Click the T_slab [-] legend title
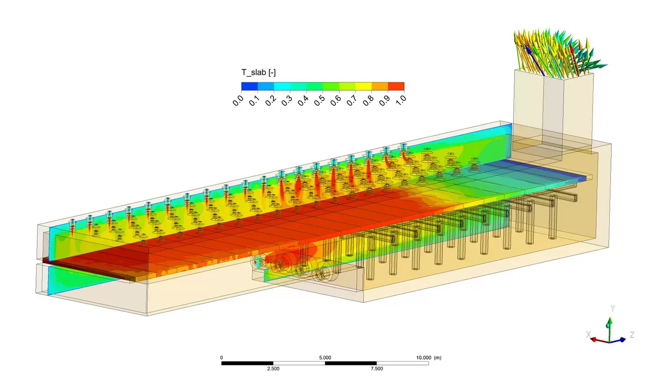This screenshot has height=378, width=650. point(259,72)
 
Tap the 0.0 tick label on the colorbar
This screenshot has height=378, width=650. point(238,101)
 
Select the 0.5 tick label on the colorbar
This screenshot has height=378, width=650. point(319,101)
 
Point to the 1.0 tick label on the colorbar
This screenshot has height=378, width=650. point(401,100)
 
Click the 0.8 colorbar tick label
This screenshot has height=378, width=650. point(368,101)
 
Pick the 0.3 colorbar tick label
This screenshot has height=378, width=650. point(287,101)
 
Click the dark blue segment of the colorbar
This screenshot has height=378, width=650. point(250,86)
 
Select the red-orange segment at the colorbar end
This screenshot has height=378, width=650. point(396,86)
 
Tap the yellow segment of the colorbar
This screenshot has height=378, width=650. point(364,86)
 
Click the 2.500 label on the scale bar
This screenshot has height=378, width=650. point(273,369)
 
